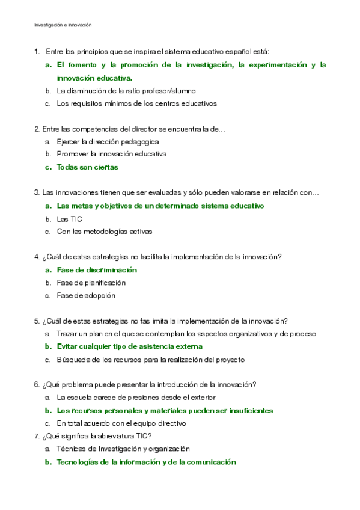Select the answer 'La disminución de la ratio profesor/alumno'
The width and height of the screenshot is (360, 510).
[126, 91]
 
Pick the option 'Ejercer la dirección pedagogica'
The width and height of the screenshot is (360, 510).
[108, 142]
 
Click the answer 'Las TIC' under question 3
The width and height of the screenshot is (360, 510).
[69, 219]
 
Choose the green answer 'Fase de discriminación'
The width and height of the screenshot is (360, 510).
[97, 270]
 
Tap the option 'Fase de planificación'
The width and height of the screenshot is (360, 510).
[91, 283]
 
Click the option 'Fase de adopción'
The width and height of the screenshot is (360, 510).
[86, 295]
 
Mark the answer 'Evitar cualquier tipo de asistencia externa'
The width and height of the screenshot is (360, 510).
[129, 346]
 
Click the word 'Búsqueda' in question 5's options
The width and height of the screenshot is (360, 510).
[73, 360]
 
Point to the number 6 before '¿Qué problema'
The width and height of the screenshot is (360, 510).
[37, 385]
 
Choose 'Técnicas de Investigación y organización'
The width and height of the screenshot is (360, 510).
[123, 449]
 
